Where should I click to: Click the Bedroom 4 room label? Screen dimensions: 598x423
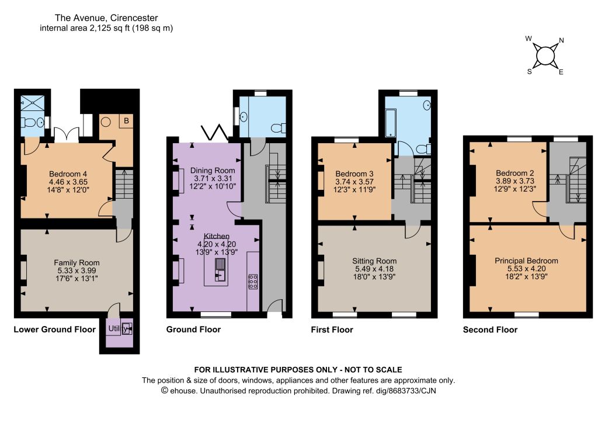68,174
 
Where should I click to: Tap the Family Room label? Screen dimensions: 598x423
77,262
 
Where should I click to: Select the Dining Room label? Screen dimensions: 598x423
213,170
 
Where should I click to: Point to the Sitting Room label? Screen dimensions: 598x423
374,261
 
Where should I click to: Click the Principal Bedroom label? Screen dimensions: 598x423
526,261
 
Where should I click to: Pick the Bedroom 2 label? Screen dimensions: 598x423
515,173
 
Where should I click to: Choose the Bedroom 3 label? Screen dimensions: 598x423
354,174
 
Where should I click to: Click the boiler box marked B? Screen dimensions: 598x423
126,122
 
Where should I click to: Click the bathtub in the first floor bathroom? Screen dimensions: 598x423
391,123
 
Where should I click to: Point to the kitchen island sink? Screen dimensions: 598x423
220,269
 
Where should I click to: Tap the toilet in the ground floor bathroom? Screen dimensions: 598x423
279,128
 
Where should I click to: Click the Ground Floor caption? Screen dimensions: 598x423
193,330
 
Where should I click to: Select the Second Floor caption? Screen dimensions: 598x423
490,330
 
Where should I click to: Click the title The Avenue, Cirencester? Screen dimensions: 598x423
106,18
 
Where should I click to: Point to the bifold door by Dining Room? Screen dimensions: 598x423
215,132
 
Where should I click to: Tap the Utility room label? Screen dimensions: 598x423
118,328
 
